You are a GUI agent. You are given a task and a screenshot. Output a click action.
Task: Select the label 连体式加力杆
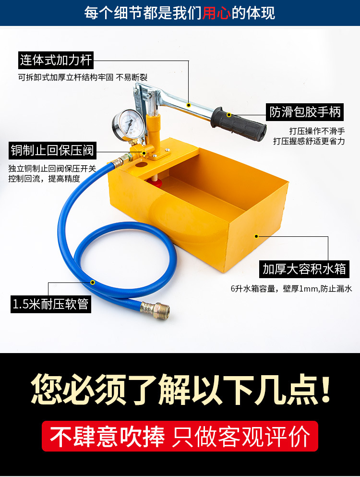(56, 61)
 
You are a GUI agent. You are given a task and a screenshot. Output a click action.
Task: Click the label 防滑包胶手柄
(305, 111)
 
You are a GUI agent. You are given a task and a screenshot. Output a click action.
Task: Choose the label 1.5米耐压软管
(51, 304)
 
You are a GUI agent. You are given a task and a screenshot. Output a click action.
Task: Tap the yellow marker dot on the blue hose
(93, 282)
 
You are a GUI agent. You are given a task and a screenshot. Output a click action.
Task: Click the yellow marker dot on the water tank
(256, 236)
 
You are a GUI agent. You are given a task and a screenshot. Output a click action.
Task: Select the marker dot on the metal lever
(189, 105)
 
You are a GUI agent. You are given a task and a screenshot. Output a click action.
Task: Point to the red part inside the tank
(157, 182)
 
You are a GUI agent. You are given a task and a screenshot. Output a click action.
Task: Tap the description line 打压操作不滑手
(317, 130)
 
